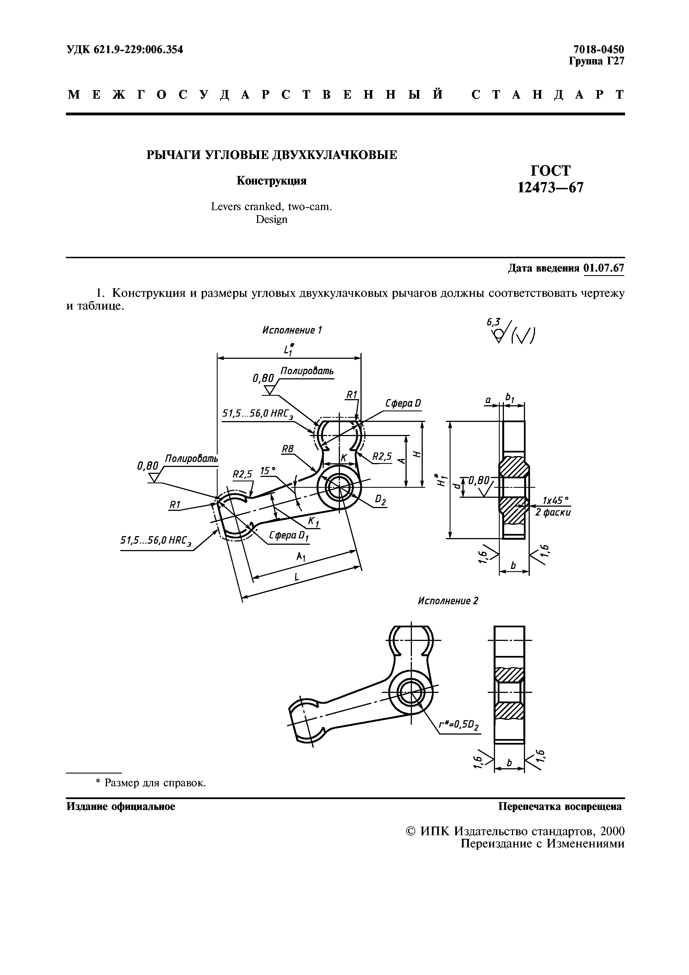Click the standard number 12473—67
coord(551,187)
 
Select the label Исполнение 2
coord(448,601)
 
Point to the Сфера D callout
coord(403,403)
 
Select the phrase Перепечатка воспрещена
coord(559,806)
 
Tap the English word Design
coord(272,220)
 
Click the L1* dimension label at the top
coord(289,349)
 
